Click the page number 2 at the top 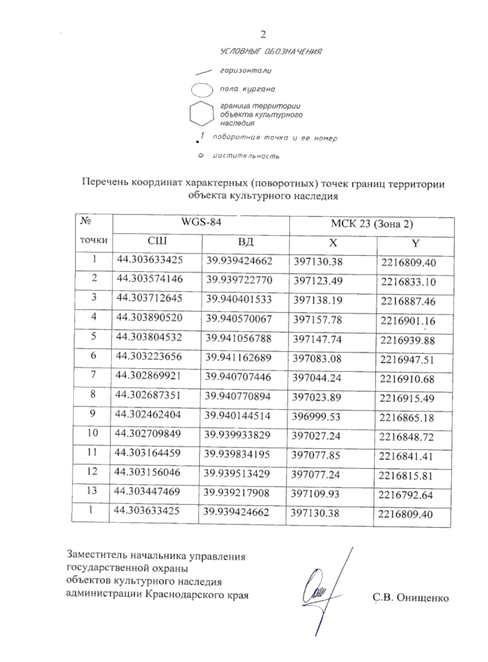pyautogui.click(x=263, y=35)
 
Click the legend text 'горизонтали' pyautogui.click(x=246, y=71)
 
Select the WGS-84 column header pyautogui.click(x=201, y=223)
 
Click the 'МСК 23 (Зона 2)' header pyautogui.click(x=372, y=224)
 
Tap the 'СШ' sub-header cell pyautogui.click(x=157, y=242)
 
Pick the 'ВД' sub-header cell pyautogui.click(x=246, y=242)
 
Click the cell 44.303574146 pyautogui.click(x=150, y=279)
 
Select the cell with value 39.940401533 pyautogui.click(x=239, y=300)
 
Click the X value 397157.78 pyautogui.click(x=318, y=320)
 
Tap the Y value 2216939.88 pyautogui.click(x=407, y=340)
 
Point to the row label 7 pyautogui.click(x=94, y=375)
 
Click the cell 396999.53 pyautogui.click(x=316, y=417)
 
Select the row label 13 pyautogui.click(x=92, y=491)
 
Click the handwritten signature pyautogui.click(x=321, y=590)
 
